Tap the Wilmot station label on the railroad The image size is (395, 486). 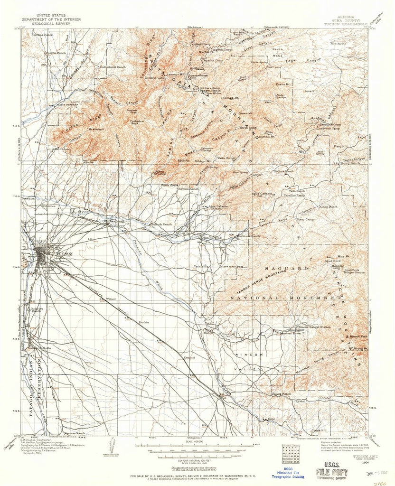[x=112, y=299]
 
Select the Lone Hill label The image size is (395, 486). [x=311, y=91]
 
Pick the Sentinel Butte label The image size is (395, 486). [x=291, y=334]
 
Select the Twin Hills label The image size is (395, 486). [x=201, y=267]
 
